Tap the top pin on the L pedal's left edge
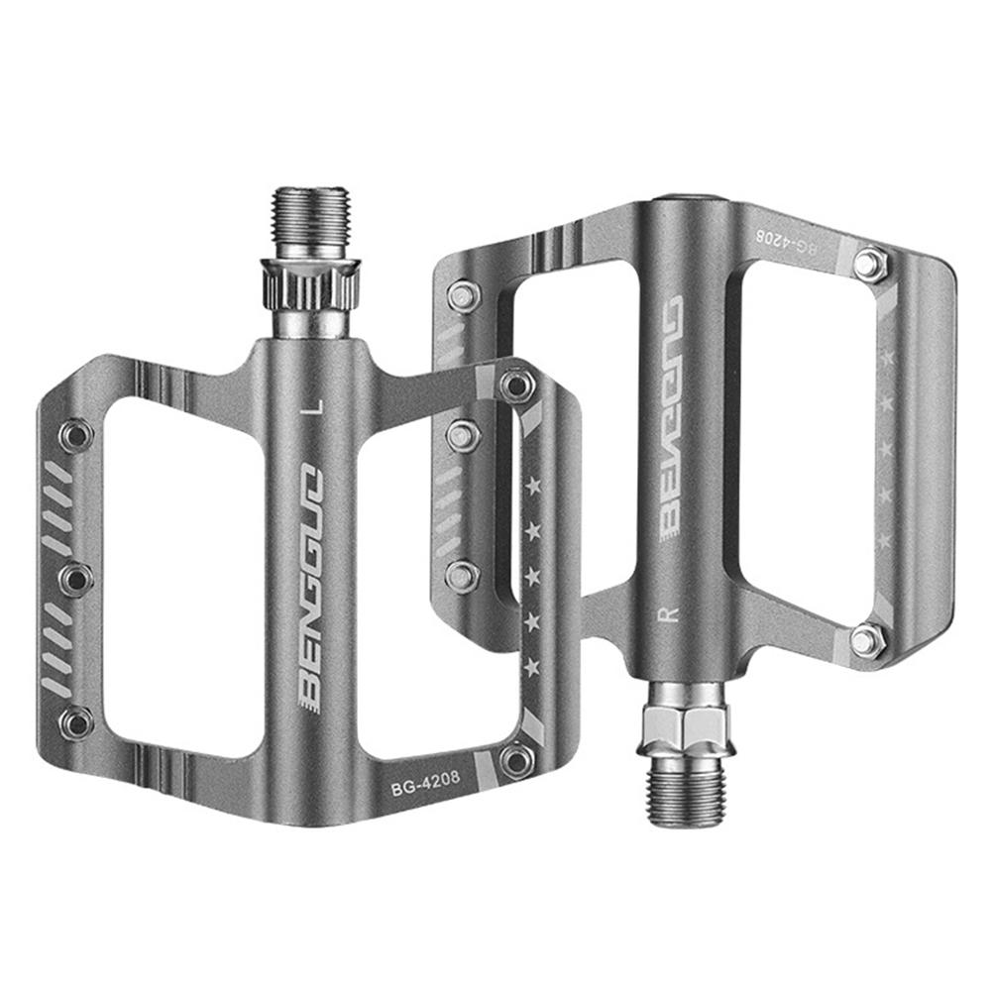[75, 434]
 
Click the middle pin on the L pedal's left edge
[76, 578]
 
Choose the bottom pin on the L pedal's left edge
[76, 721]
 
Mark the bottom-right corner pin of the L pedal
[515, 760]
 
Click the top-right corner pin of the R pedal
[869, 262]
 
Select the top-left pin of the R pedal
[462, 295]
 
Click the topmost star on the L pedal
[535, 485]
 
